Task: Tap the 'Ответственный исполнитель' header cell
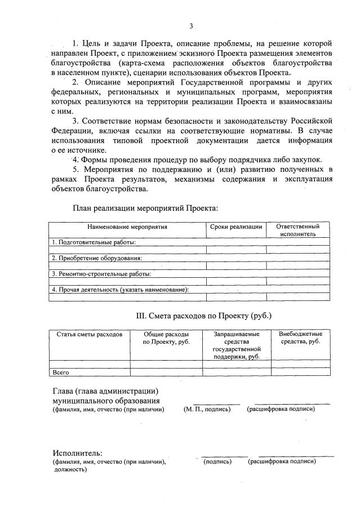[298, 230]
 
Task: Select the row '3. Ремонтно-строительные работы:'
[101, 274]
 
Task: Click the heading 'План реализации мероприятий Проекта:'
[145, 208]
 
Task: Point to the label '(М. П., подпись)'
[207, 409]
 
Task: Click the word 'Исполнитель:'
[78, 453]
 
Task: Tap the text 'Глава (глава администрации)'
[105, 391]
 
